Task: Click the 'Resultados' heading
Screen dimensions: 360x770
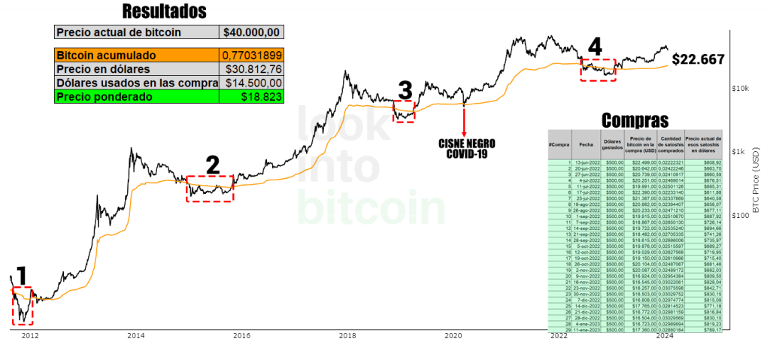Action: pos(164,11)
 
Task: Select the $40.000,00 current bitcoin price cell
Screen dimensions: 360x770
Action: pos(252,32)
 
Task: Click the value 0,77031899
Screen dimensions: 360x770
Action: pos(252,55)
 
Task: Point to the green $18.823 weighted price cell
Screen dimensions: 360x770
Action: pos(252,97)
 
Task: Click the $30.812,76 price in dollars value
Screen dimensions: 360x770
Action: pos(252,69)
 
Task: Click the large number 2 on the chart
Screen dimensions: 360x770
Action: pos(213,165)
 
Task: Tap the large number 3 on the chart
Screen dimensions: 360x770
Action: pos(405,92)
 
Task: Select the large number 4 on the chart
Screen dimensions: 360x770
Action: pos(595,47)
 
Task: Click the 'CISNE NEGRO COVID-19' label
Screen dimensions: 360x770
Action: pos(464,147)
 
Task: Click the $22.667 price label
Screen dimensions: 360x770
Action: pos(698,59)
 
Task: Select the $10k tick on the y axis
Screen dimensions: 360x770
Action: pos(741,89)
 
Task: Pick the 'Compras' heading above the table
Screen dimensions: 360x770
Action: pos(635,120)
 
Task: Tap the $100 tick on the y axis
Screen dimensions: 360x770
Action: pos(741,216)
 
